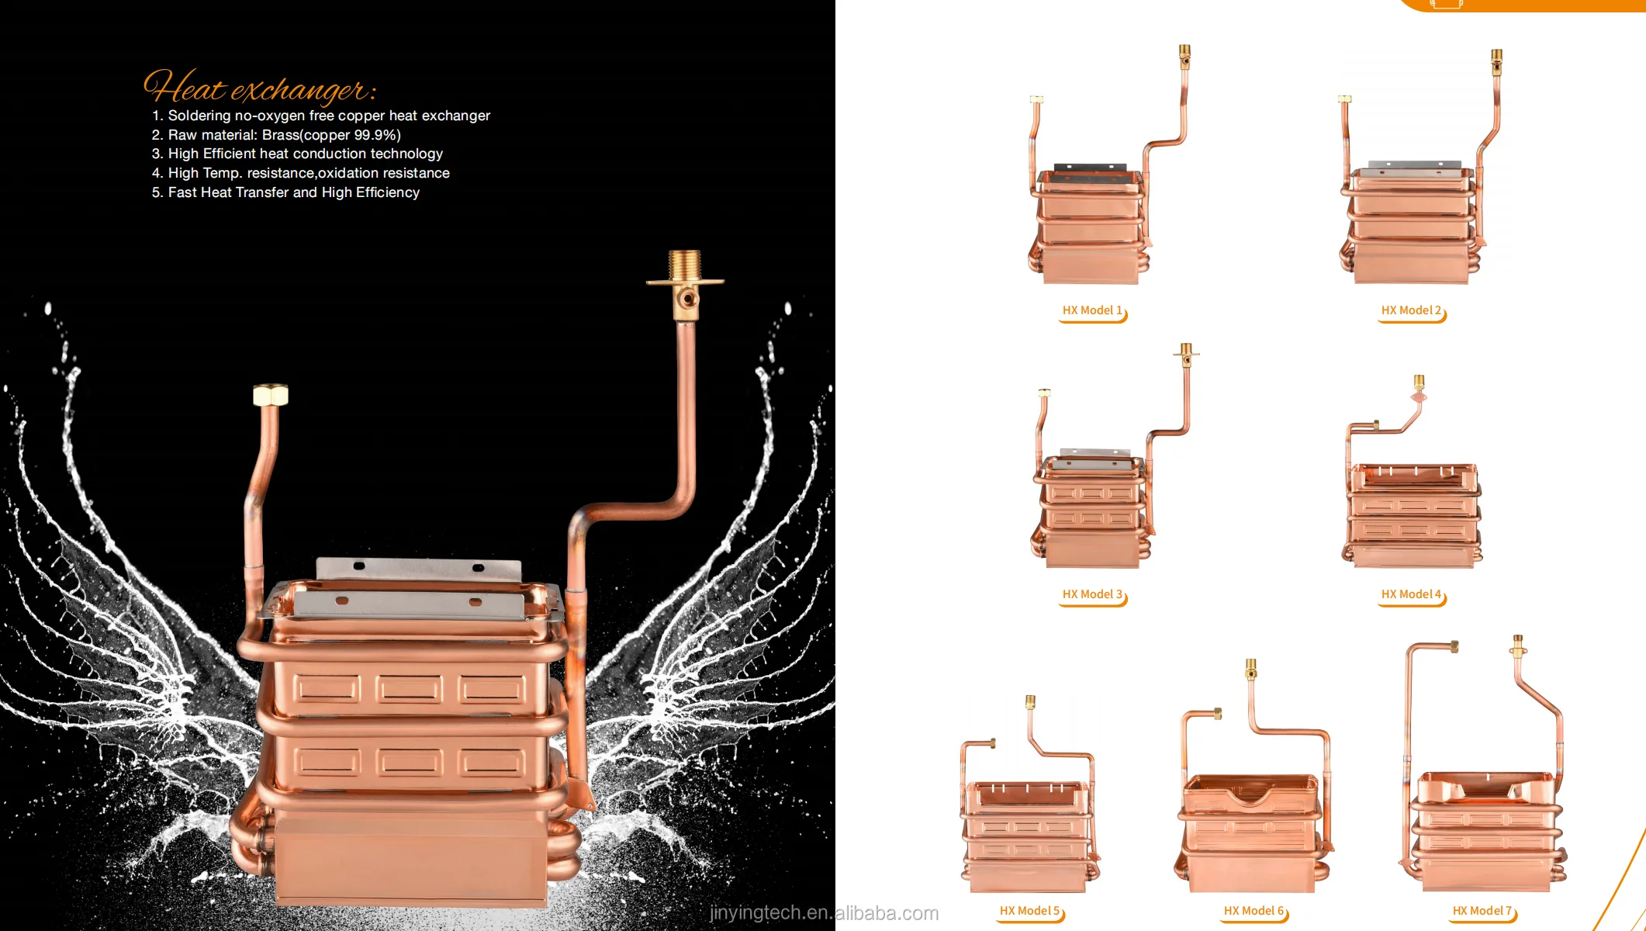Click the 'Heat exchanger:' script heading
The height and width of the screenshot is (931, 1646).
(x=260, y=88)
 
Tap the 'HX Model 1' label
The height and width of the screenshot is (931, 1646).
(x=1092, y=310)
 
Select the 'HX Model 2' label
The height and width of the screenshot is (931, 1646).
(x=1411, y=310)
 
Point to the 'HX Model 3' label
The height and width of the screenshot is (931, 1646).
(x=1092, y=594)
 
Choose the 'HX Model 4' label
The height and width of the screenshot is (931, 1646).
(x=1411, y=594)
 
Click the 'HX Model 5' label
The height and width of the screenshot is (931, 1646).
(x=1029, y=911)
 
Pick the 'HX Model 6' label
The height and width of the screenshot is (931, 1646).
(x=1254, y=911)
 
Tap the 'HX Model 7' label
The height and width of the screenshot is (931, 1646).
(x=1482, y=911)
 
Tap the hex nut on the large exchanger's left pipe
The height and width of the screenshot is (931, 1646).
(x=271, y=395)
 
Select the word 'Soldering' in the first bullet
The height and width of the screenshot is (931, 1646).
(x=199, y=116)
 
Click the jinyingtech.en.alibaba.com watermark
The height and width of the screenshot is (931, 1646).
(x=824, y=913)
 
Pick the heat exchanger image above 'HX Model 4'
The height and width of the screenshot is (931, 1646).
(x=1412, y=489)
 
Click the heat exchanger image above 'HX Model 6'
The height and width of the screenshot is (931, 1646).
(x=1253, y=791)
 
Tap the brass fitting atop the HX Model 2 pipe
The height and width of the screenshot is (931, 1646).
(x=1496, y=61)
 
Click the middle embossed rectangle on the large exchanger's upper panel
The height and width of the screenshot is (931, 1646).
(x=410, y=688)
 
